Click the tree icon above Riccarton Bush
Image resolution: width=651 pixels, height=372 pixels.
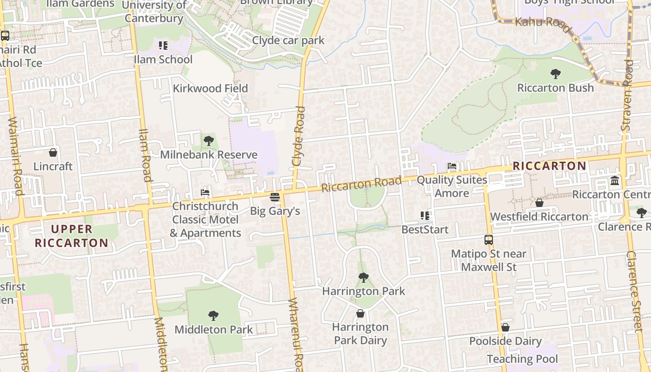click(x=555, y=73)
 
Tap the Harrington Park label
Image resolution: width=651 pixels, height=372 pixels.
click(x=364, y=292)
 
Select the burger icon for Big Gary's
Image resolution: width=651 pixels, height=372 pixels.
click(x=275, y=197)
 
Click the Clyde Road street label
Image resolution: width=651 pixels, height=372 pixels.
click(x=299, y=136)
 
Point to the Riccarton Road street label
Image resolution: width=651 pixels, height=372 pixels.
click(x=361, y=184)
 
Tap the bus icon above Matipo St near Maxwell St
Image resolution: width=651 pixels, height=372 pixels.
click(x=489, y=240)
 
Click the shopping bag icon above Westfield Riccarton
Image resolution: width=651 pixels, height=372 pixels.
click(x=539, y=203)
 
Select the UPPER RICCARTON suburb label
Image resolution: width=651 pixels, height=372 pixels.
click(x=72, y=236)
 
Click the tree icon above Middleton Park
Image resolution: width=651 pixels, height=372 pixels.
click(x=213, y=316)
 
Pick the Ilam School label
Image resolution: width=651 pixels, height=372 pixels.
click(x=163, y=60)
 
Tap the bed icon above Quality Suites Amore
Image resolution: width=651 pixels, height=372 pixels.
click(x=452, y=166)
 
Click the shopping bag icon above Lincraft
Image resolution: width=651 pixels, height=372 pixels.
click(x=53, y=153)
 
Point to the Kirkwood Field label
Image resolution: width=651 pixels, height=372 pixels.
click(x=210, y=88)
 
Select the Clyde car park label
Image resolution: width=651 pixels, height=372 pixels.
click(x=288, y=40)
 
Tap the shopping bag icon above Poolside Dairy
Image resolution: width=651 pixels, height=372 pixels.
click(x=505, y=327)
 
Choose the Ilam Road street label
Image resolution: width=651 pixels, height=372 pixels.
click(x=146, y=155)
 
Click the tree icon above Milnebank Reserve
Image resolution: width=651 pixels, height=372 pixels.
click(x=209, y=140)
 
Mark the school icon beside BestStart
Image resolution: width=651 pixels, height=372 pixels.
click(x=425, y=216)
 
